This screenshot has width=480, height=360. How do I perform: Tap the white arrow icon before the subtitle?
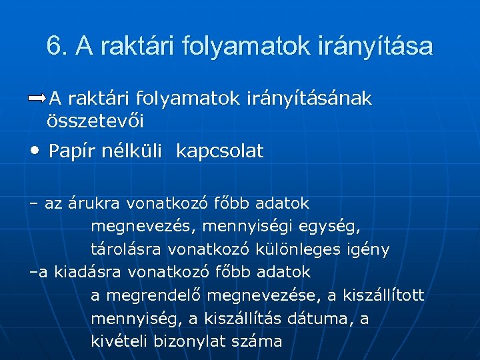coord(37,99)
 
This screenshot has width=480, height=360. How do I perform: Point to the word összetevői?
coord(96,121)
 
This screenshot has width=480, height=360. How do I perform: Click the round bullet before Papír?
coord(35,151)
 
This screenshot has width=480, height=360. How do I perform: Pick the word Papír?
coord(73,151)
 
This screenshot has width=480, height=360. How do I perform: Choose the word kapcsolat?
coord(220,151)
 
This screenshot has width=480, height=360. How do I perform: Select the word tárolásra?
coord(127,249)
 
